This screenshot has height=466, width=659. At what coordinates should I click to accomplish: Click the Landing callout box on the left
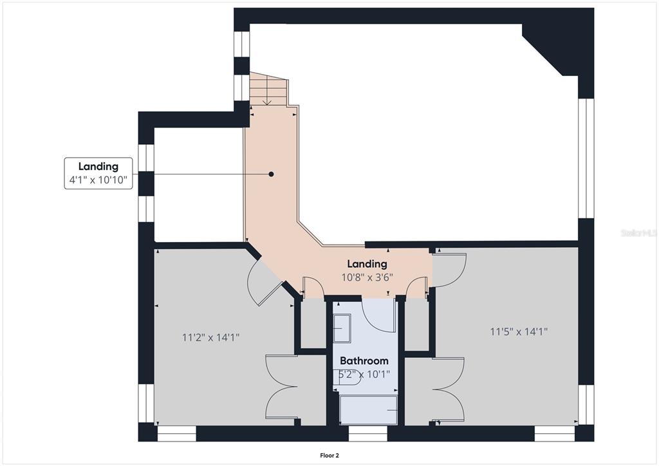(98, 173)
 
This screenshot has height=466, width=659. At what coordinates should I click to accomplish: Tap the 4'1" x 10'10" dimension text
(98, 180)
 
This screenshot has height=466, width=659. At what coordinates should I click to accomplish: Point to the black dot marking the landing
(271, 174)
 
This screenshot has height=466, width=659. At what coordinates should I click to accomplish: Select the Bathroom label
(364, 360)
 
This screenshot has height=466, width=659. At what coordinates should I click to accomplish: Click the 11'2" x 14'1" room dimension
(210, 337)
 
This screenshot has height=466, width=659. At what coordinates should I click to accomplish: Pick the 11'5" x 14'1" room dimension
(519, 331)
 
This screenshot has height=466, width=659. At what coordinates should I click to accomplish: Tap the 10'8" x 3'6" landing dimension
(367, 277)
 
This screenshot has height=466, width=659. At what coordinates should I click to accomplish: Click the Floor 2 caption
(329, 456)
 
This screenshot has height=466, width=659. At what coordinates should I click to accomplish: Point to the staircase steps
(269, 89)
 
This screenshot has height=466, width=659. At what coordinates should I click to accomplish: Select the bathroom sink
(342, 328)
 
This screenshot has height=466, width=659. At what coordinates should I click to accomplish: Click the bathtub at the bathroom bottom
(368, 410)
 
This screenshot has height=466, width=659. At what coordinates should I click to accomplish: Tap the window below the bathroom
(367, 433)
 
